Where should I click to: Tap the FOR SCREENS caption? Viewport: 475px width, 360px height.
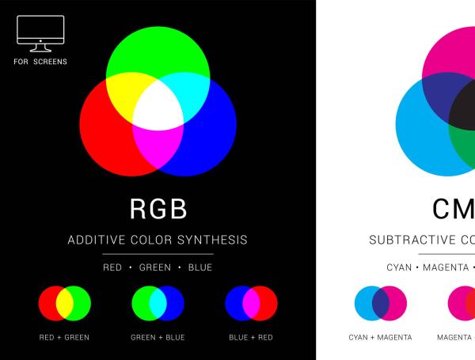click(x=40, y=61)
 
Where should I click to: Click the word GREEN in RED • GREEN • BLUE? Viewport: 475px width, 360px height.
click(x=155, y=267)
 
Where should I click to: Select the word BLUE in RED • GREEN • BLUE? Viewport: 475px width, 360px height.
click(x=200, y=267)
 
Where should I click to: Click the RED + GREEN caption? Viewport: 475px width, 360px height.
click(x=64, y=337)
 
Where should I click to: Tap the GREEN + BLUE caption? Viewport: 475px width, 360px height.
click(x=158, y=337)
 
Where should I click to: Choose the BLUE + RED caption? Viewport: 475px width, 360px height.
click(x=250, y=337)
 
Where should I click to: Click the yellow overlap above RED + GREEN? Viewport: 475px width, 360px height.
click(x=65, y=302)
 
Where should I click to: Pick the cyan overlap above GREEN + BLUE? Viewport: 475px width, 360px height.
click(x=158, y=302)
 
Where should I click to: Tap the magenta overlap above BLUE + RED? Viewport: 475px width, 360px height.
click(x=251, y=302)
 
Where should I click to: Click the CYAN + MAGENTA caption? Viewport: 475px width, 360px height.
click(x=380, y=337)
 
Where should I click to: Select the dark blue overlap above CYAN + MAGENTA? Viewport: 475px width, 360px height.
click(x=380, y=302)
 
